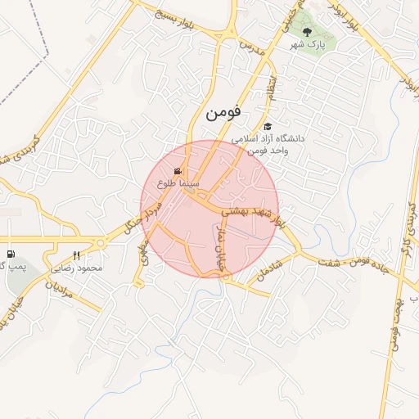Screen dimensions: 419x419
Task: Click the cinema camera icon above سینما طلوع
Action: click(178, 171)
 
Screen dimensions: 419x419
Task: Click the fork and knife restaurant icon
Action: click(77, 255)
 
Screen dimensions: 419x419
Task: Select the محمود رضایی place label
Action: click(77, 268)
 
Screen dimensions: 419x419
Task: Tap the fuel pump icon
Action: click(11, 255)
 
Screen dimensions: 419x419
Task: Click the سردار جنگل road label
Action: click(137, 217)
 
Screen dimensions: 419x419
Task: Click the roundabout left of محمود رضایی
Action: click(101, 242)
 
